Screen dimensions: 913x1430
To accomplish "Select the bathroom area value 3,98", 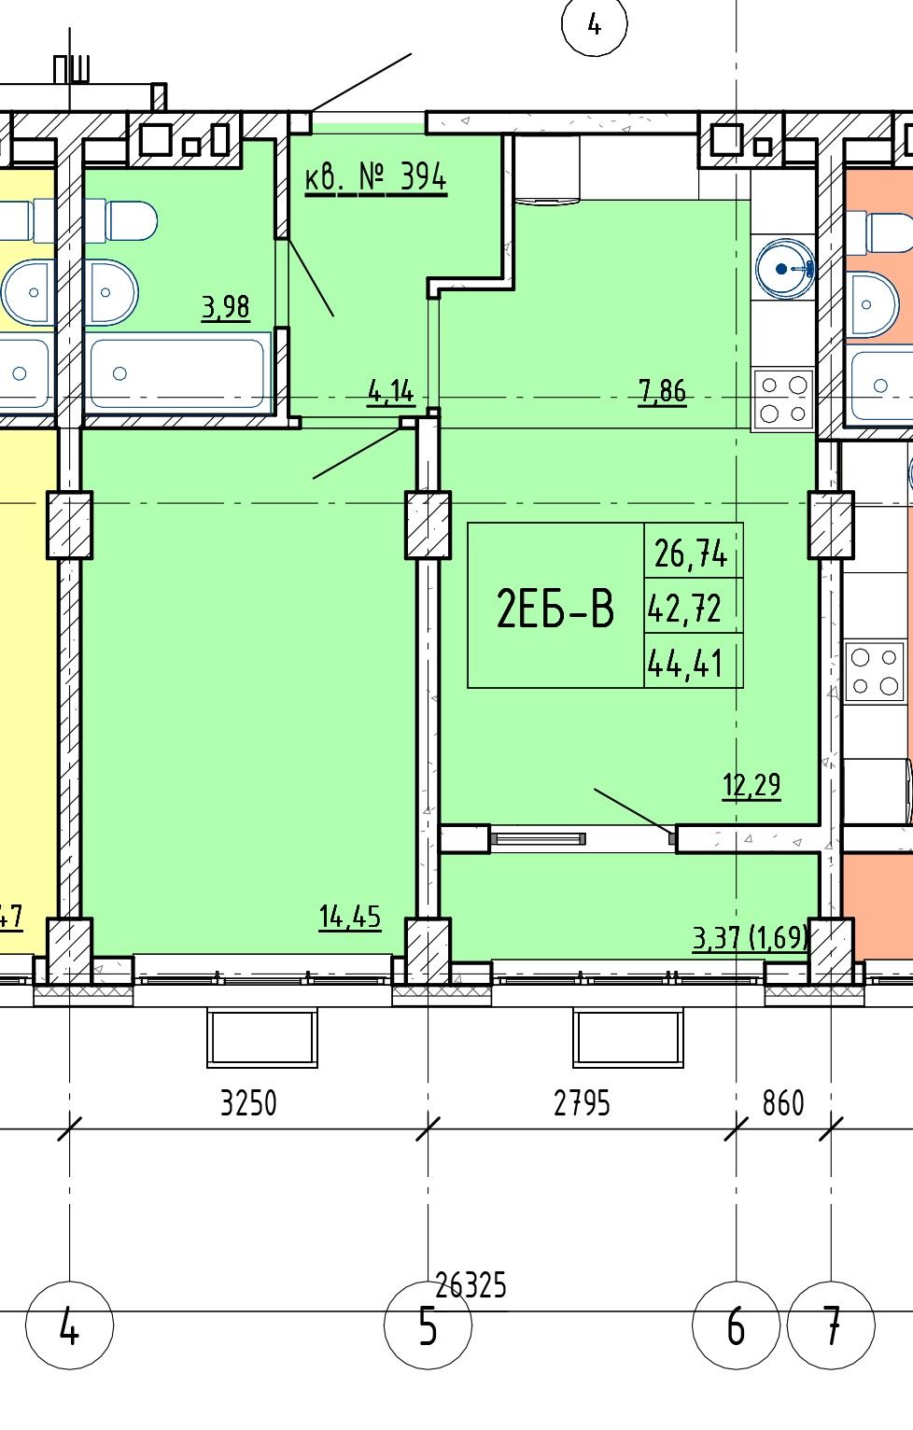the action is click(225, 307).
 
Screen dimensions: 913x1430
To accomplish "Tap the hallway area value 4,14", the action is click(391, 391).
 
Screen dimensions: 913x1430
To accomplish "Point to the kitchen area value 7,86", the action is click(663, 390).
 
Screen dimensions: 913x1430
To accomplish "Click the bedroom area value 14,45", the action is click(350, 918).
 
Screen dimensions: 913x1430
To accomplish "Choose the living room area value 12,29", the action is click(751, 785).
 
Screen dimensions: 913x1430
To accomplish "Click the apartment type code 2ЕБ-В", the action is click(555, 609).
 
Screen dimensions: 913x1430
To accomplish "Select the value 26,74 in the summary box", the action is click(691, 553).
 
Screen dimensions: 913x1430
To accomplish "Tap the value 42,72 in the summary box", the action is click(684, 608).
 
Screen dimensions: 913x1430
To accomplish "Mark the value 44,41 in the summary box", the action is click(684, 663).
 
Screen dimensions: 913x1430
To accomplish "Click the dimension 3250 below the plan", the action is click(248, 1103).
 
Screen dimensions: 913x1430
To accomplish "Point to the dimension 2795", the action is click(582, 1103).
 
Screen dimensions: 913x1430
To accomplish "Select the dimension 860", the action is click(782, 1103).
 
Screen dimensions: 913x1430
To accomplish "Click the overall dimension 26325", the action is click(471, 1285).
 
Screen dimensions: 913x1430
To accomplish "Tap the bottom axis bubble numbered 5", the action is click(428, 1326).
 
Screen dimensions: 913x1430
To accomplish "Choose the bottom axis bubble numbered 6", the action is click(737, 1326).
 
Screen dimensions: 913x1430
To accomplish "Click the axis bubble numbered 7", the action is click(831, 1326).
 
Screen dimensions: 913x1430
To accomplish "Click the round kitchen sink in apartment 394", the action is click(785, 269).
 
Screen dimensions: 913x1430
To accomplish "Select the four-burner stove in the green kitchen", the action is click(783, 399).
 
